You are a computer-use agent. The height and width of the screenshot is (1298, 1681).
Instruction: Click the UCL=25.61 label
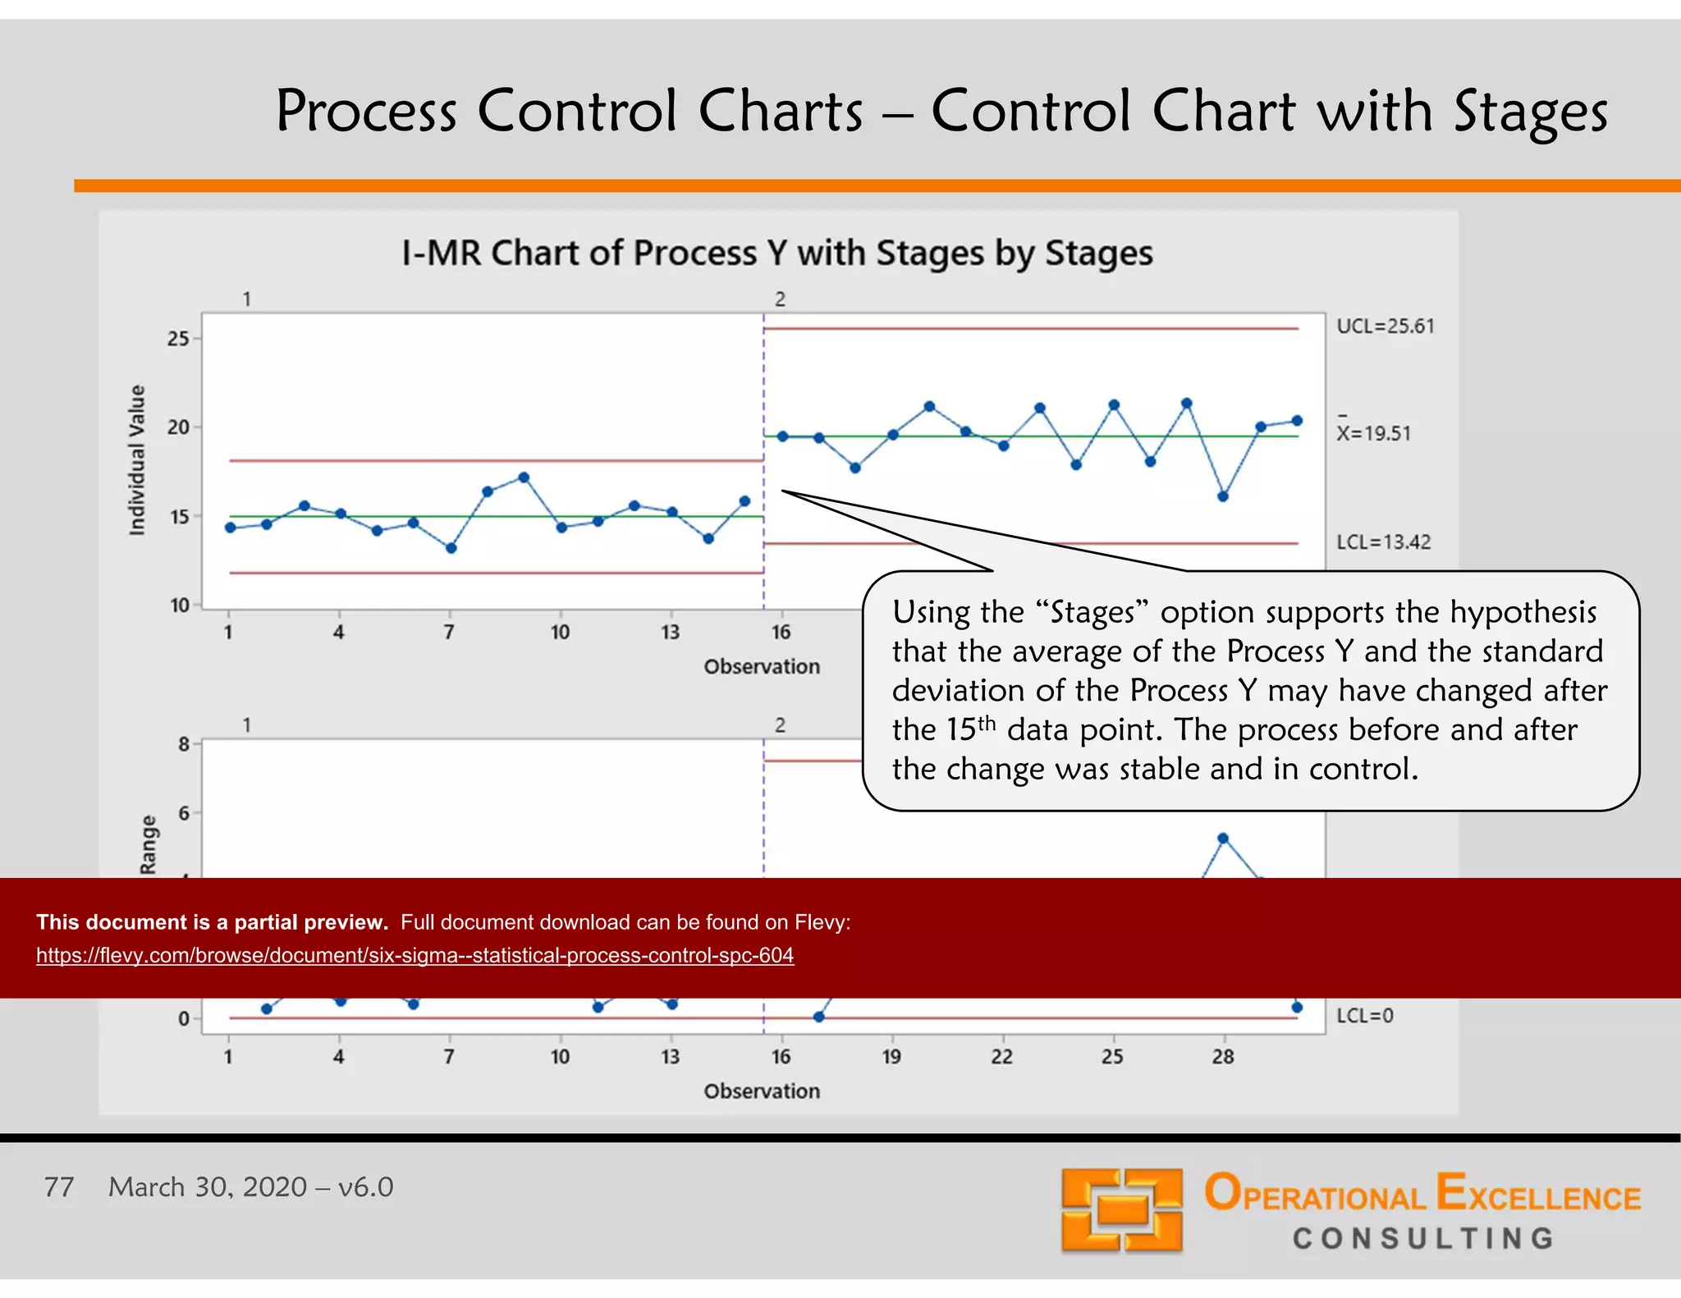tap(1385, 326)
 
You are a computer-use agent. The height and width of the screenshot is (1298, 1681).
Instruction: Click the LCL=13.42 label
tap(1383, 542)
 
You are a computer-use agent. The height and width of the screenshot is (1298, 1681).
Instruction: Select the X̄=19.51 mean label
tap(1373, 432)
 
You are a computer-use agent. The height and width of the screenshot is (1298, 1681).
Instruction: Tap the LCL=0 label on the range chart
tap(1364, 1015)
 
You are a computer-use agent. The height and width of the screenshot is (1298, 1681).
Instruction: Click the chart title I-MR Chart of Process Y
tap(776, 253)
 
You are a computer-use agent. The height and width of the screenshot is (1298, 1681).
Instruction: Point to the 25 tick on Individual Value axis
tap(178, 338)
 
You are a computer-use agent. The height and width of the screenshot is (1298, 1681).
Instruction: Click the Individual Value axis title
tap(137, 459)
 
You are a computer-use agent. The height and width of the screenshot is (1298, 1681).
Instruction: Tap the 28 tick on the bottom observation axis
tap(1222, 1056)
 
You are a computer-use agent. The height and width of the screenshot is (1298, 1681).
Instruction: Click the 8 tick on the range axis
tap(184, 743)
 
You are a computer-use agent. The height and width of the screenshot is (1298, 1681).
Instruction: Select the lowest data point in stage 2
tap(1222, 496)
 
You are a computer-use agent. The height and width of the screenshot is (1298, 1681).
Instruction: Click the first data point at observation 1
tap(231, 528)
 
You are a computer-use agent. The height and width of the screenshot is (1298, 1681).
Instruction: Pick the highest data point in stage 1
tap(524, 477)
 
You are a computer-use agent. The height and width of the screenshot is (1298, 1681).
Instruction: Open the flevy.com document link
tap(415, 955)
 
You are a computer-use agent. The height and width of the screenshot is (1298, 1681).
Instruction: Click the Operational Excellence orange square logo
tap(1121, 1209)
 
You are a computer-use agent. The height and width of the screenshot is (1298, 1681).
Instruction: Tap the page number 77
tap(59, 1186)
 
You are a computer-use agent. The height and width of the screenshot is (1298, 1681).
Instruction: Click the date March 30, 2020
tap(208, 1186)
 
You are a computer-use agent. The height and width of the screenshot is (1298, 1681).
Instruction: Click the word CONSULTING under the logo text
tap(1422, 1238)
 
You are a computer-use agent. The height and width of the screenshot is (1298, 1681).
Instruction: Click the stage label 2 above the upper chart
tap(780, 299)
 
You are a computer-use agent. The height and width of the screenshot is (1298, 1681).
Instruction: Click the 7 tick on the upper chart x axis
tap(449, 632)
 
